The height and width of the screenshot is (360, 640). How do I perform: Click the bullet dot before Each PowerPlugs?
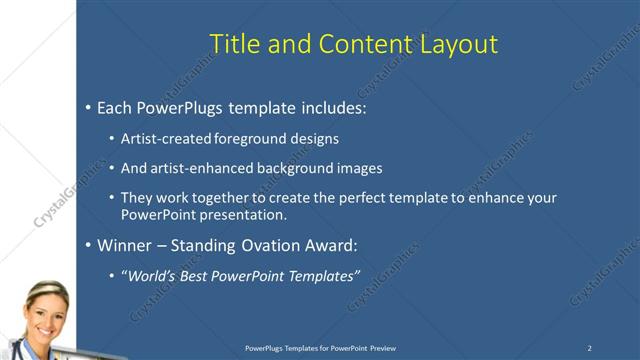tap(88, 106)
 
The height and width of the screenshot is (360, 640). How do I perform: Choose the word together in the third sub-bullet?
tap(229, 198)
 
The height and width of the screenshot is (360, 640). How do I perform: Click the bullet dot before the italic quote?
tap(112, 276)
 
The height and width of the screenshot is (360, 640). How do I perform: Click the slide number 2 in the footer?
tap(589, 347)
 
